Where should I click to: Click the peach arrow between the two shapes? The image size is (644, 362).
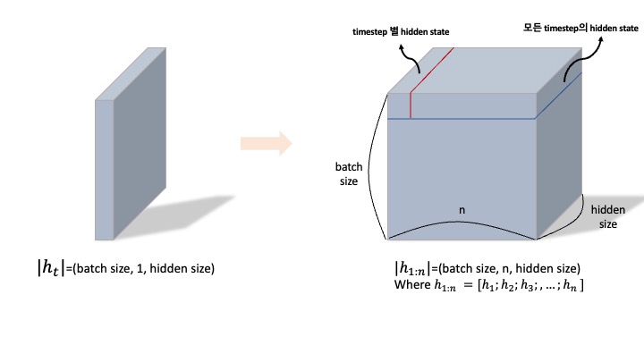267,142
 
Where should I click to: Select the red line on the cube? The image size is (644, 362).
410,104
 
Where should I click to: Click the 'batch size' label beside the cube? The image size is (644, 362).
347,173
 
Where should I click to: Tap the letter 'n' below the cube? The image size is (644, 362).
462,211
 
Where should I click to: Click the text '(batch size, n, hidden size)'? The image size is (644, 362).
506,268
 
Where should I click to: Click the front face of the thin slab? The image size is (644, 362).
105,170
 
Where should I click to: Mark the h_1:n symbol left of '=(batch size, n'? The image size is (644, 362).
411,268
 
